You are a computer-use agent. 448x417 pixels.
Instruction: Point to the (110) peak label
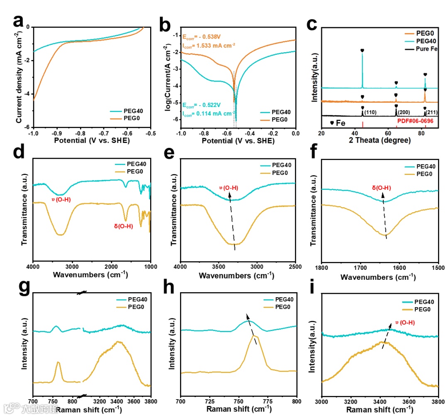coord(370,112)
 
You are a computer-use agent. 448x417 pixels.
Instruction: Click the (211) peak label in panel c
coord(432,113)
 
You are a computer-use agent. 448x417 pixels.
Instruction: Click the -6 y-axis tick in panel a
coord(28,127)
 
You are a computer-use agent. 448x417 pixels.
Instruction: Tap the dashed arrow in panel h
coord(252,329)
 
